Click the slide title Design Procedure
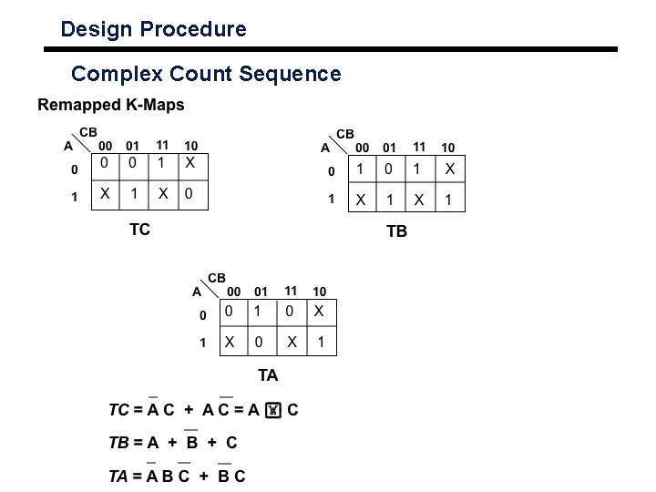point(153,29)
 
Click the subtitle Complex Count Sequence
point(206,73)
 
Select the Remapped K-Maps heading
point(110,105)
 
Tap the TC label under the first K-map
point(139,230)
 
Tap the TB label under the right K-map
point(397,231)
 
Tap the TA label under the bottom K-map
point(268,375)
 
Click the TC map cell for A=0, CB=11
point(161,164)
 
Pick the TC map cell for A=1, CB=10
point(190,195)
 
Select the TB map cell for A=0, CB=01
point(391,169)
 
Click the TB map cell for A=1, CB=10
point(448,200)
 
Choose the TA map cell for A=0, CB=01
point(261,312)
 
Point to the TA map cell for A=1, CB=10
point(320,343)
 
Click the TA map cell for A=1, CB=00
point(231,343)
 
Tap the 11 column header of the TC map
point(162,145)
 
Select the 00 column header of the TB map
point(362,148)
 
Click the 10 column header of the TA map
point(319,292)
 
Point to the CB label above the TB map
point(346,134)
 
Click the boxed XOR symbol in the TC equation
point(272,411)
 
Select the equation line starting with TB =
point(173,443)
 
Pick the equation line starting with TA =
point(177,476)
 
